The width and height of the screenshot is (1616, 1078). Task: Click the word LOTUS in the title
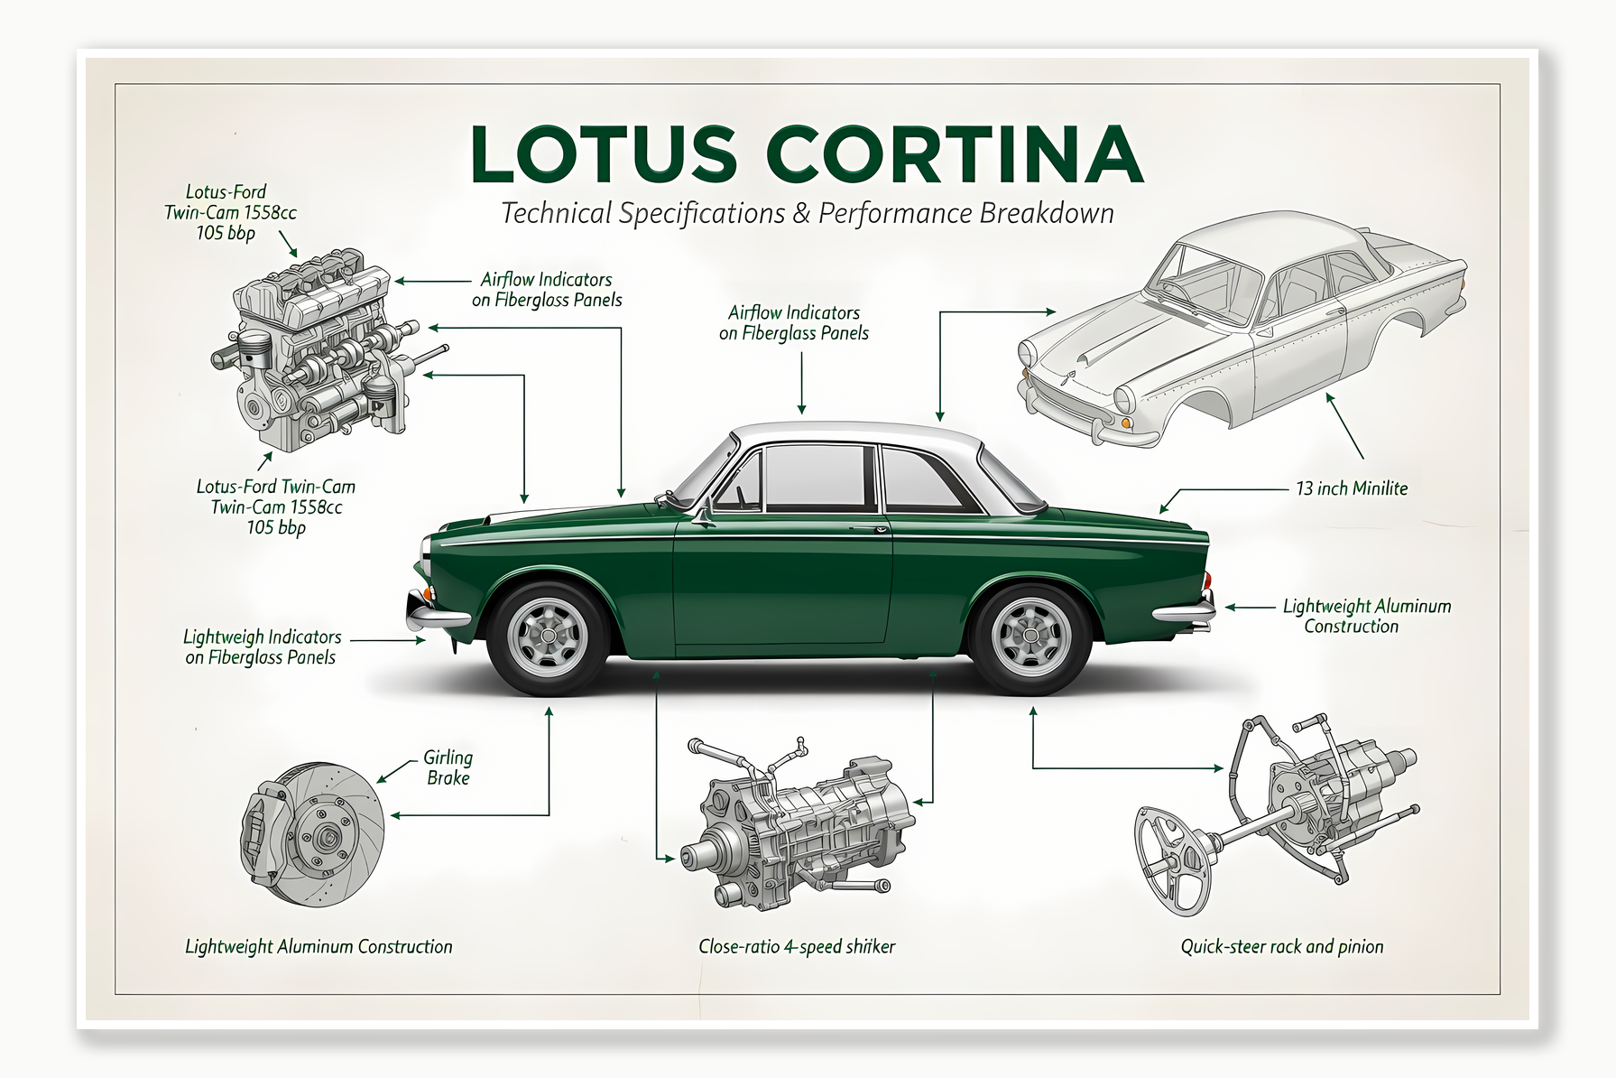coord(603,154)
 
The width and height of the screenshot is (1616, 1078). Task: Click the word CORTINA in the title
coord(956,154)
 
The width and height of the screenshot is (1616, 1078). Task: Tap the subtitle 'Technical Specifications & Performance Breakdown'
coord(807,214)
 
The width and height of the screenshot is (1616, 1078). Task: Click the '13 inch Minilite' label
coord(1351,488)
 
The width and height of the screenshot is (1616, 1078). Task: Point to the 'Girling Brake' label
coord(448,767)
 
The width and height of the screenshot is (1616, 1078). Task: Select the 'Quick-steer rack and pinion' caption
coord(1281,946)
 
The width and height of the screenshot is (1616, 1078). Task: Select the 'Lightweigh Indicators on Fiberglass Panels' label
coord(262,647)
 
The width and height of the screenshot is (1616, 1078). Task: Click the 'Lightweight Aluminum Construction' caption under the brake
coord(319,946)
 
